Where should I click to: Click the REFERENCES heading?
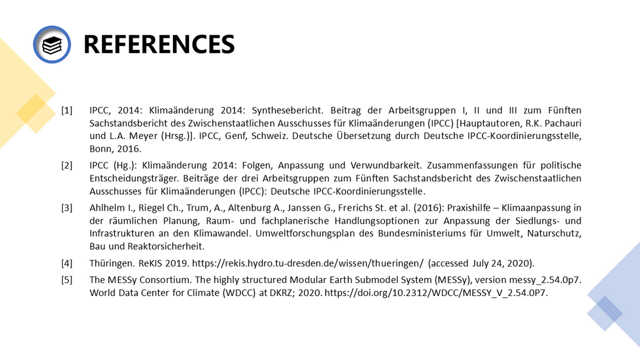(159, 44)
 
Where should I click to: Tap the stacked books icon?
(51, 44)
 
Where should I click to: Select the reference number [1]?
(67, 110)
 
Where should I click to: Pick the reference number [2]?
(67, 166)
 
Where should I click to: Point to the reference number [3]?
(67, 208)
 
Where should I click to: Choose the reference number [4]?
(67, 263)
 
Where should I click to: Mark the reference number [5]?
(67, 280)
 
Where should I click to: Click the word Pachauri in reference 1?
(560, 122)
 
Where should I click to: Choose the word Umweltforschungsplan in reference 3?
(310, 233)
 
